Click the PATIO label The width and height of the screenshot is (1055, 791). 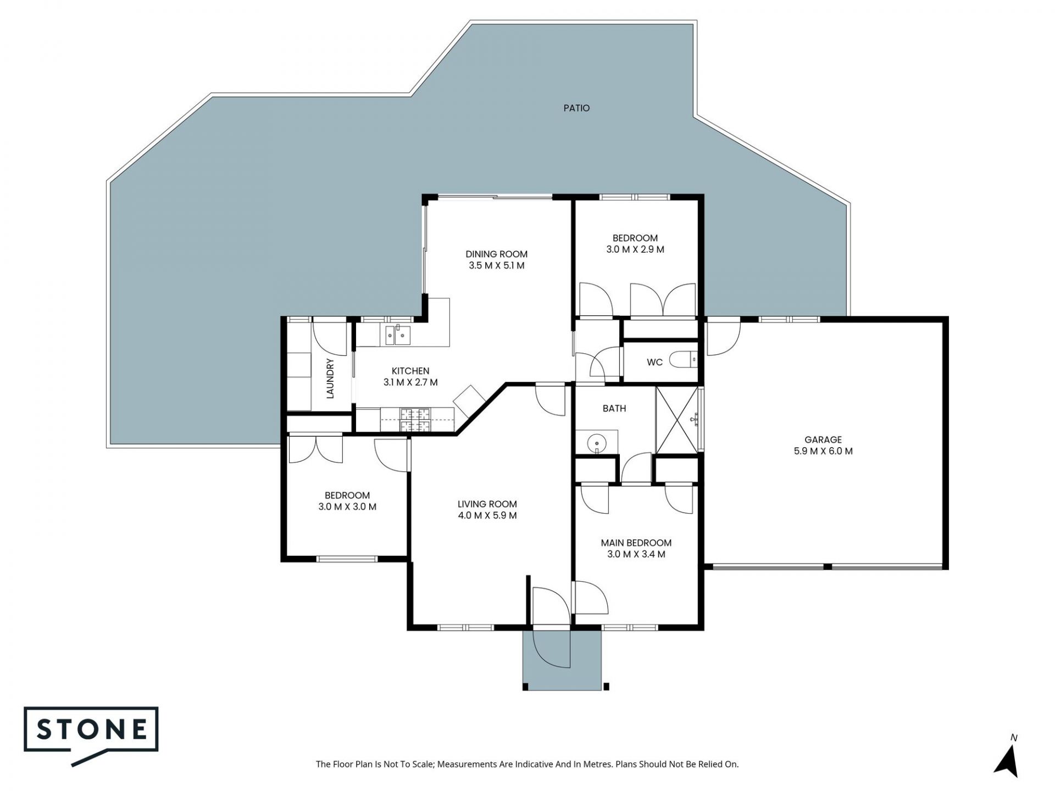[576, 108]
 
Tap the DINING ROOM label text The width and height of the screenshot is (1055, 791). [496, 254]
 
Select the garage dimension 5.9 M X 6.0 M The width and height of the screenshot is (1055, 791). [823, 451]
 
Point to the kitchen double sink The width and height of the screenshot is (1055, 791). [397, 335]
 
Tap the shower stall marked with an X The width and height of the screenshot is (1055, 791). [678, 420]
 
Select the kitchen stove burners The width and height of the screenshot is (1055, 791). [416, 420]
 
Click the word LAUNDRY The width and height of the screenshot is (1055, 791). [330, 378]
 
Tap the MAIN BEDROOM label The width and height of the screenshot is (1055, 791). [636, 543]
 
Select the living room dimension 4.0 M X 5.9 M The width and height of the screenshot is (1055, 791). [487, 515]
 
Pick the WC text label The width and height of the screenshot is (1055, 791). [654, 362]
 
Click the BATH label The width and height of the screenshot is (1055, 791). [614, 408]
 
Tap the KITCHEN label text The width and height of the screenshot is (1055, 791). [410, 371]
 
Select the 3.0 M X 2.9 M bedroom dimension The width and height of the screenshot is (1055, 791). [635, 249]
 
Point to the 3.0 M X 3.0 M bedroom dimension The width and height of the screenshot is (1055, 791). [347, 506]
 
